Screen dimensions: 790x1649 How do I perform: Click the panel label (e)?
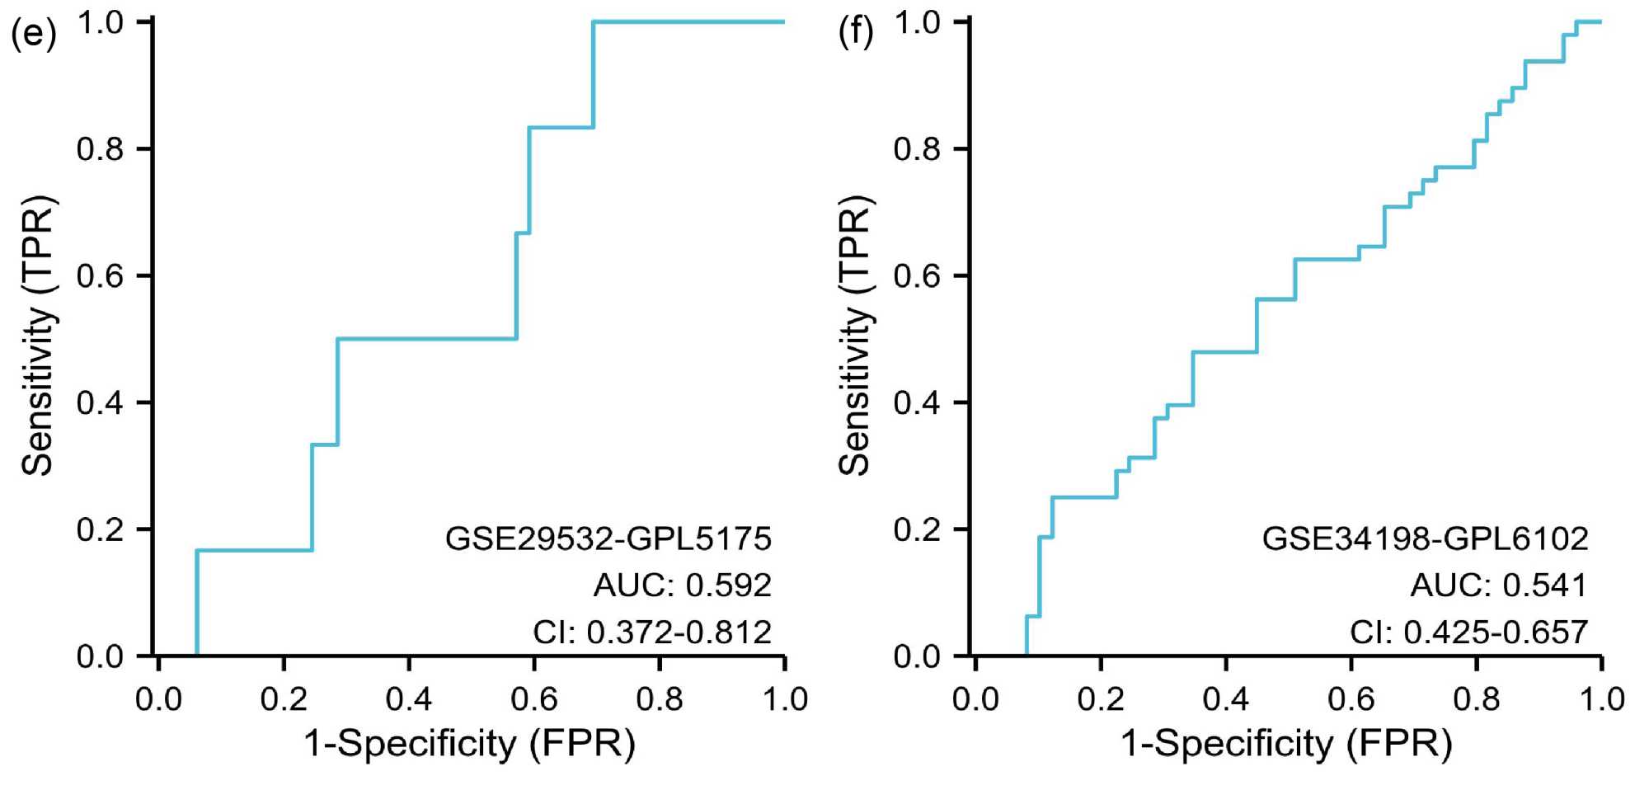[33, 34]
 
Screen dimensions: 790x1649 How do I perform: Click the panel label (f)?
[855, 34]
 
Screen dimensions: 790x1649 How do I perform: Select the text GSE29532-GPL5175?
[608, 538]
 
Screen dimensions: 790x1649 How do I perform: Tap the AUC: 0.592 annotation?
[683, 585]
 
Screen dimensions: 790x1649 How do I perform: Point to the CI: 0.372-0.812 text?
[652, 632]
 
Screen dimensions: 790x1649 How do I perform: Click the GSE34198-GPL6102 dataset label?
[1425, 538]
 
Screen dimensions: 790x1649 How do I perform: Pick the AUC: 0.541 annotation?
[1499, 585]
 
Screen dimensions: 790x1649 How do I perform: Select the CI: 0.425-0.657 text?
[1468, 632]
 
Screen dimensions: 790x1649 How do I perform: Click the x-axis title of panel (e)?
[470, 744]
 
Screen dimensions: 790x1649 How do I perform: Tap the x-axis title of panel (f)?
[1286, 744]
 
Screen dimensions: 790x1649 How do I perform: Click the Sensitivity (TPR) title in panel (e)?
[38, 336]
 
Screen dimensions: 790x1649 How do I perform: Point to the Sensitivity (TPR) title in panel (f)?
[855, 336]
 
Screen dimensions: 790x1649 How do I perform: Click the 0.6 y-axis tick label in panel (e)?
[100, 275]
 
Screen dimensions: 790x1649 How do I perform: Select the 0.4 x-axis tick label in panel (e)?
[409, 699]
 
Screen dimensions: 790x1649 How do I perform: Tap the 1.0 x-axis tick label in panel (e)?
[784, 699]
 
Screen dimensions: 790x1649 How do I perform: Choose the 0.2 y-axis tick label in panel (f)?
[917, 529]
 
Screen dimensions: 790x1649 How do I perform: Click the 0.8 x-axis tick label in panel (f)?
[1476, 699]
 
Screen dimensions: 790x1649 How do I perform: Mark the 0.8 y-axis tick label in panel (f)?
[917, 149]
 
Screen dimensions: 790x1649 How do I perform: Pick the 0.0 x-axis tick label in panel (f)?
[975, 699]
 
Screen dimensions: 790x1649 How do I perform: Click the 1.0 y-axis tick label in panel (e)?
[100, 22]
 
